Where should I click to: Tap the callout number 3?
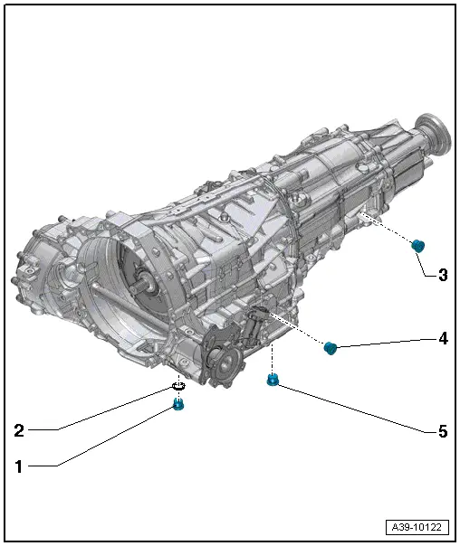[x=443, y=273]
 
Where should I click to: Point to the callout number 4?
[x=443, y=339]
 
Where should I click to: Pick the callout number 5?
[x=443, y=432]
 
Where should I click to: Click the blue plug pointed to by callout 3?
[x=417, y=246]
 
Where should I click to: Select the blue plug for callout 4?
[x=331, y=348]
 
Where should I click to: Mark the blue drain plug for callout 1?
[x=178, y=404]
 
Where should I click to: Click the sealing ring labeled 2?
[x=178, y=388]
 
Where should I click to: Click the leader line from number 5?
[x=353, y=408]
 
